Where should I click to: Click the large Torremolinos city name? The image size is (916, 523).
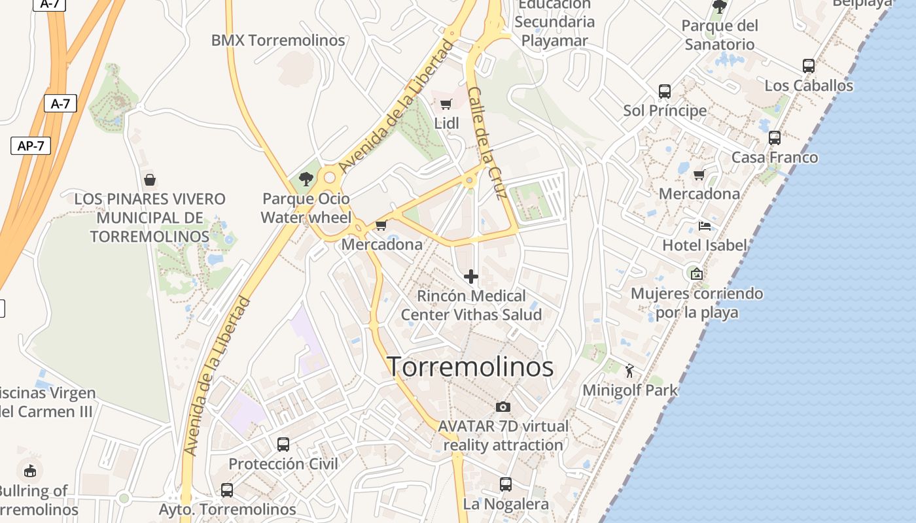click(x=470, y=367)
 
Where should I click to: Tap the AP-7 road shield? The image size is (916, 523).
click(x=31, y=145)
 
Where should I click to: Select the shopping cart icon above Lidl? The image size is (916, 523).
click(x=446, y=104)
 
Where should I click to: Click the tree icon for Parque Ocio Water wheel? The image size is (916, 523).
click(x=306, y=178)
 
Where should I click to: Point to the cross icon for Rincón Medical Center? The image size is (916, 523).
click(x=471, y=277)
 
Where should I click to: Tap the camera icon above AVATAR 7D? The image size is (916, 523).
click(x=502, y=407)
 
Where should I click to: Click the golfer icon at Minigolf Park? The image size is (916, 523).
click(x=629, y=371)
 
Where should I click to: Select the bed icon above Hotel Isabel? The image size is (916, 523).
click(x=704, y=226)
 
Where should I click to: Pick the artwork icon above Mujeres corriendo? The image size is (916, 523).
click(x=696, y=273)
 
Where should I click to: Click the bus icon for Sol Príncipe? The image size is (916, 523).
click(x=665, y=91)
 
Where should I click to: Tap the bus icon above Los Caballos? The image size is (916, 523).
click(x=809, y=66)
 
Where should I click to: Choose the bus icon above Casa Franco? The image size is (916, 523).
click(x=775, y=138)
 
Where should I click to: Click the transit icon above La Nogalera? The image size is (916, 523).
click(x=505, y=484)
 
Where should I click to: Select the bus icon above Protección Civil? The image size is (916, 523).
click(x=283, y=445)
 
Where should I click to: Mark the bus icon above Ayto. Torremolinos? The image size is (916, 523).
click(x=227, y=490)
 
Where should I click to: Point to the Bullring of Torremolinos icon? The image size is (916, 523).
click(x=29, y=470)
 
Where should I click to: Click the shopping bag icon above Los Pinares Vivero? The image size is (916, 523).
click(x=150, y=180)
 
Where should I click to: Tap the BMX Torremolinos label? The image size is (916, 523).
click(x=277, y=41)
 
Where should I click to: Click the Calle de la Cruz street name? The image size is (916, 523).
click(x=487, y=143)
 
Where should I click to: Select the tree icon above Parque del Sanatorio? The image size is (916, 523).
click(x=719, y=7)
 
